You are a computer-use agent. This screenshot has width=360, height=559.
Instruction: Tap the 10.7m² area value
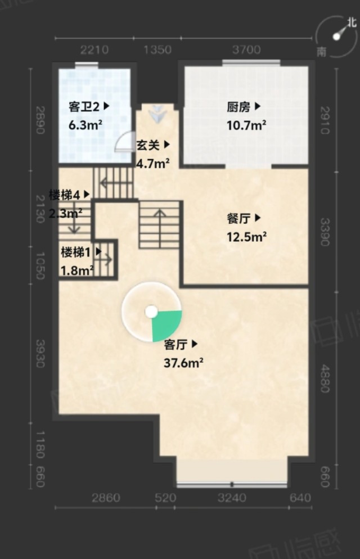[x=246, y=125]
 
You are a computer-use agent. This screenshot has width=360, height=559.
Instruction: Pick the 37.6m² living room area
[x=183, y=363]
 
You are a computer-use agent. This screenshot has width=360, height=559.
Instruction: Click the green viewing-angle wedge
[x=165, y=325]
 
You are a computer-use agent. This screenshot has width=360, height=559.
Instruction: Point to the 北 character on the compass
[x=352, y=22]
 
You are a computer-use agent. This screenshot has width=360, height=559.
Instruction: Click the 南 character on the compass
[x=322, y=52]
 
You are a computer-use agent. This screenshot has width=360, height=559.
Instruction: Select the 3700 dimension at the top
[x=246, y=49]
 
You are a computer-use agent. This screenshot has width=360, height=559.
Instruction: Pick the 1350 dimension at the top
[x=157, y=49]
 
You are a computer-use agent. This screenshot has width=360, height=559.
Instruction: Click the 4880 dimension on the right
[x=325, y=378]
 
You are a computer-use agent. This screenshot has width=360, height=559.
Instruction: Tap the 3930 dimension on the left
[x=40, y=353]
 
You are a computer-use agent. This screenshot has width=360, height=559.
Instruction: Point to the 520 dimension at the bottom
[x=165, y=498]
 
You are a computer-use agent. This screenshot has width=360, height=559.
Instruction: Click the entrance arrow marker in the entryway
[x=157, y=114]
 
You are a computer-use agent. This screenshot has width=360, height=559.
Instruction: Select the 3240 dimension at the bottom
[x=232, y=498]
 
